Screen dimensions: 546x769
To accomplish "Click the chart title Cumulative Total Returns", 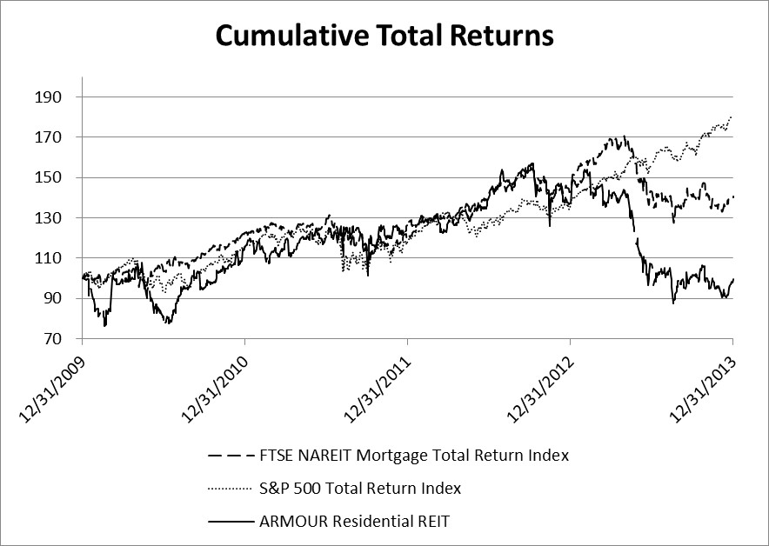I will pyautogui.click(x=384, y=36).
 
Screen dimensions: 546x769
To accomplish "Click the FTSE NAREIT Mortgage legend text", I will pyautogui.click(x=414, y=455).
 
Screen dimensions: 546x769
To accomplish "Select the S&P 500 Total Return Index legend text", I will pyautogui.click(x=360, y=489).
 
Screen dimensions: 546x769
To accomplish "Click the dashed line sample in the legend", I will pyautogui.click(x=231, y=455).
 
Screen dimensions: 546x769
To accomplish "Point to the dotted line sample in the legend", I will pyautogui.click(x=231, y=489).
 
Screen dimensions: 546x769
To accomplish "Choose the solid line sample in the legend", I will pyautogui.click(x=231, y=521).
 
